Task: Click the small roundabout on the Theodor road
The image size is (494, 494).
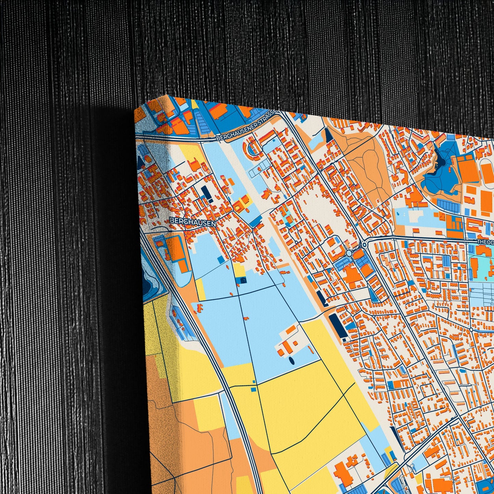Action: (x=365, y=245)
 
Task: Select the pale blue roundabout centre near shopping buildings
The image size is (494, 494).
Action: (x=349, y=253)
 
